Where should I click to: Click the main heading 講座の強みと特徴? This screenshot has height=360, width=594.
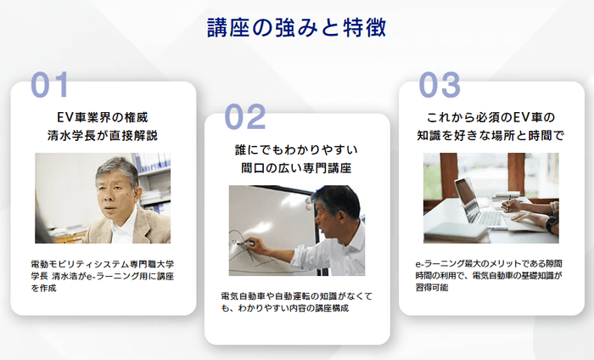(x=296, y=28)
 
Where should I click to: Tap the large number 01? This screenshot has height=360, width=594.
(x=61, y=86)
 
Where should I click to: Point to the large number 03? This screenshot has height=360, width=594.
(x=440, y=86)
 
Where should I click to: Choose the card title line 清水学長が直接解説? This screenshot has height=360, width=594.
(x=103, y=135)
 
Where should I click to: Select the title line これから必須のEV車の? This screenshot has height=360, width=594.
(x=490, y=117)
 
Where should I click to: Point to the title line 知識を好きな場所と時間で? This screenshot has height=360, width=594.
(x=490, y=135)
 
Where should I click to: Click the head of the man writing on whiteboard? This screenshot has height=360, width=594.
(x=332, y=205)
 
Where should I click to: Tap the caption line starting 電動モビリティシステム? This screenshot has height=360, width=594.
(x=102, y=265)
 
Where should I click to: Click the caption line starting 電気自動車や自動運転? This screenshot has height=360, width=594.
(x=296, y=296)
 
